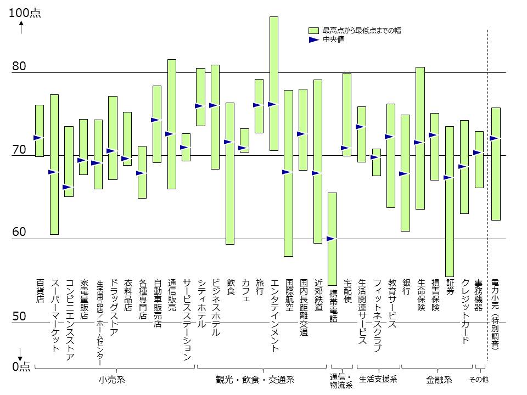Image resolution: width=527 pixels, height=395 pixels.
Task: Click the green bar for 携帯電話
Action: point(332,239)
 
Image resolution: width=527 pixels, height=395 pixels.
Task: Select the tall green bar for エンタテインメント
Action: point(274,83)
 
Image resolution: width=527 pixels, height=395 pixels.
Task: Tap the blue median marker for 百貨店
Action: point(37,138)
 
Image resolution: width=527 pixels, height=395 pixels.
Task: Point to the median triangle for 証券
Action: point(447,178)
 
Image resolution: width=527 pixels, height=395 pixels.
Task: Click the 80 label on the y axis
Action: point(19,66)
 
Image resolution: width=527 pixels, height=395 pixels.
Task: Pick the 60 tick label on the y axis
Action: point(19,232)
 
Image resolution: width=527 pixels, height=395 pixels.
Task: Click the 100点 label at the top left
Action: point(25,13)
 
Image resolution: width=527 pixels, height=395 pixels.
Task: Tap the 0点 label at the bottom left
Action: point(21,366)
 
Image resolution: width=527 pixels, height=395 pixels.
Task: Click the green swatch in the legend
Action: point(313,31)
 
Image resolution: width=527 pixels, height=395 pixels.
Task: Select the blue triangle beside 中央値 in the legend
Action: point(313,39)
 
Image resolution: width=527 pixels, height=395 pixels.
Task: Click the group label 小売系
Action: point(112,380)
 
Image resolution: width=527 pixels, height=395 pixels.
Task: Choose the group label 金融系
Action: point(439,380)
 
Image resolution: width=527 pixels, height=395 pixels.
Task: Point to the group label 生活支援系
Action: point(378,379)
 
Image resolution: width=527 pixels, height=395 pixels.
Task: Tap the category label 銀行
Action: point(406,287)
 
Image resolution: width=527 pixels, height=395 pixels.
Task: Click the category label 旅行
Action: point(260,287)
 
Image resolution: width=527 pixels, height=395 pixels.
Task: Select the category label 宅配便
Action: point(347,291)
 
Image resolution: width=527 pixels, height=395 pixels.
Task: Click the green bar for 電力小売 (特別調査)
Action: point(496,164)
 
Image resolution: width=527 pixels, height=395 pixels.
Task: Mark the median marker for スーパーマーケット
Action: point(52,172)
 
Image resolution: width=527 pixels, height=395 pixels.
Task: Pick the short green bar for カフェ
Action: point(244,140)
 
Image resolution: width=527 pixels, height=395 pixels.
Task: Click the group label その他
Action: point(479,379)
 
